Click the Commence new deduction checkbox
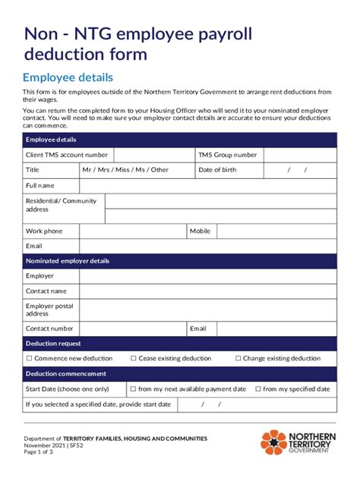point(29,358)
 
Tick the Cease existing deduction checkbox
point(133,358)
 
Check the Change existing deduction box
point(238,358)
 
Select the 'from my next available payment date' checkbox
point(133,388)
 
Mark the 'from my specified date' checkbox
point(257,388)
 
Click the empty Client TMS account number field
point(156,155)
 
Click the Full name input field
point(207,185)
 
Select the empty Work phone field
point(133,231)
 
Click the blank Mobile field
point(276,231)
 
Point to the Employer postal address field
point(207,310)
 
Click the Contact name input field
point(207,291)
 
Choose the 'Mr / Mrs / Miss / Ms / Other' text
point(125,170)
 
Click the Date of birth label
point(217,170)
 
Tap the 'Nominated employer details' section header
point(68,261)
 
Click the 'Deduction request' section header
point(53,344)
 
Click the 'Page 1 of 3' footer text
point(38,452)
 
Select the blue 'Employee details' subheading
point(68,77)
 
